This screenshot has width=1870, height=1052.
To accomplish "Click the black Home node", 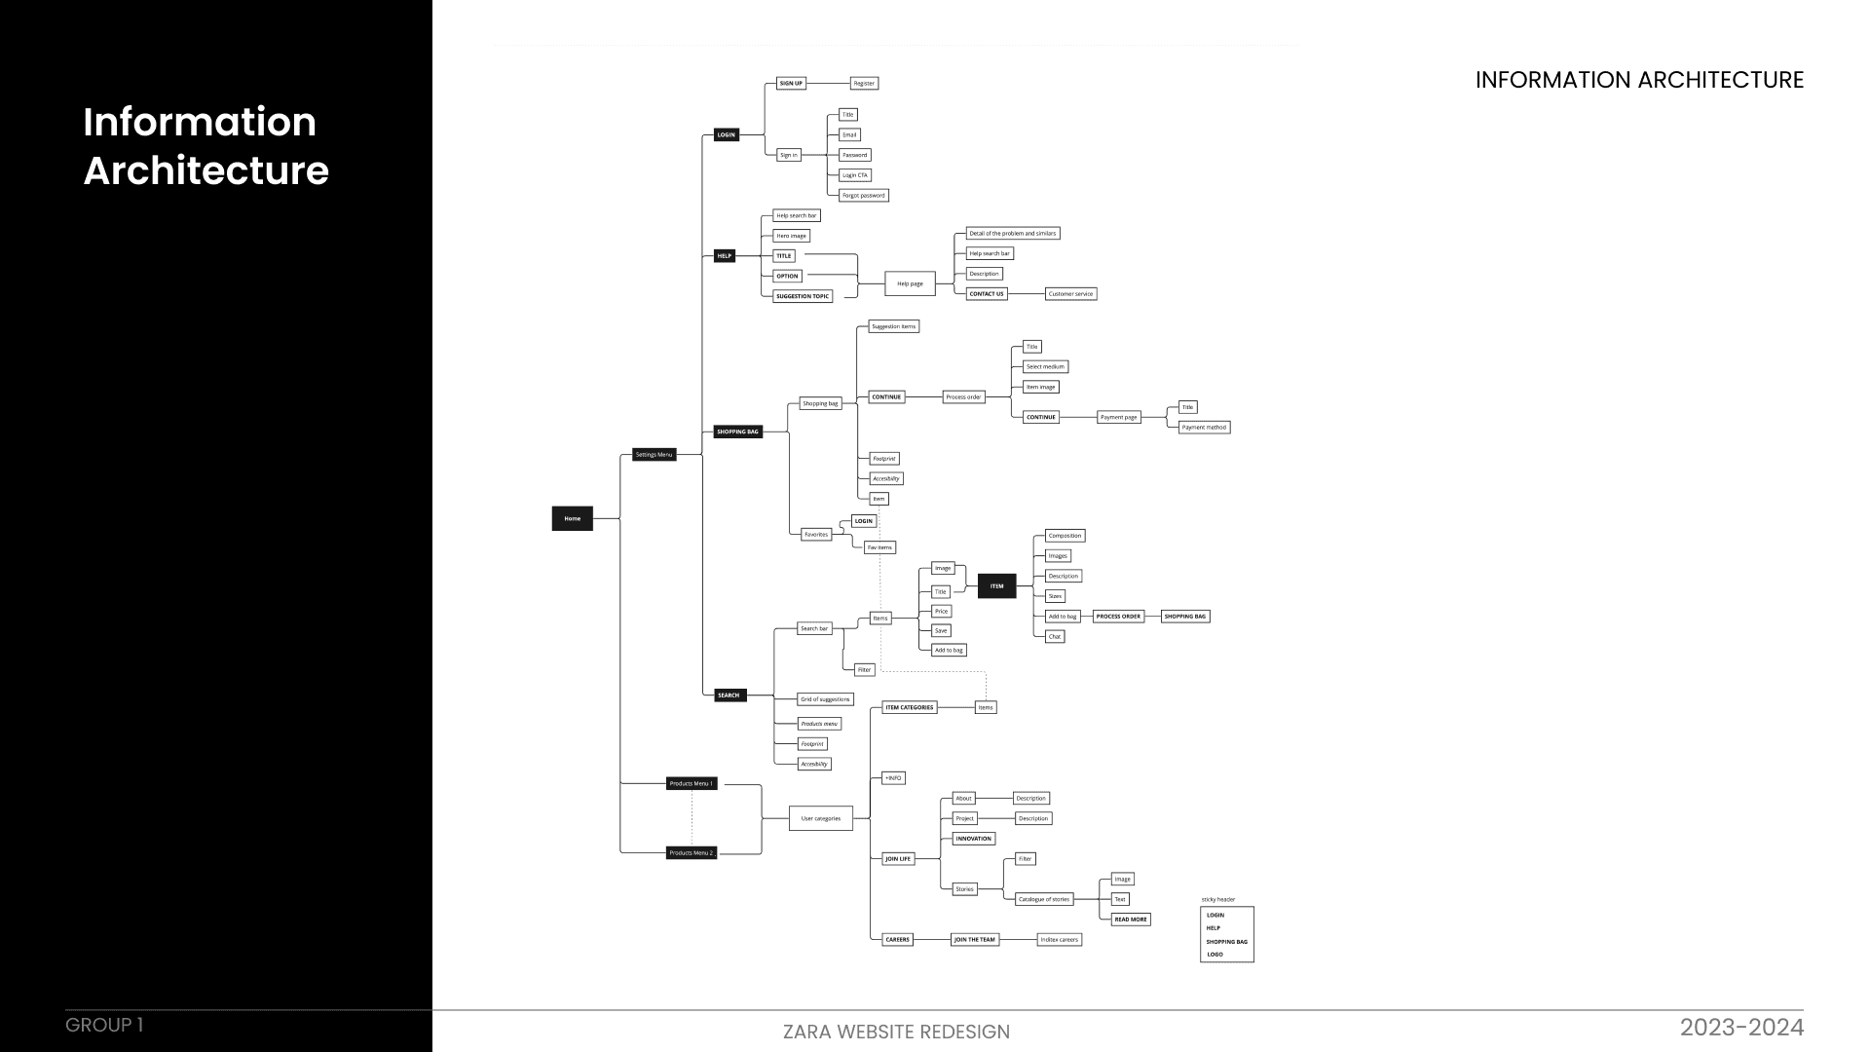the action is tap(572, 518).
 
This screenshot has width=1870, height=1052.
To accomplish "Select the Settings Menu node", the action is tap(654, 455).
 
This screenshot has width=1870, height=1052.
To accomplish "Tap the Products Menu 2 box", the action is tap(692, 853).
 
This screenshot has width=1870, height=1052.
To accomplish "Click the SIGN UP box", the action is tap(791, 84).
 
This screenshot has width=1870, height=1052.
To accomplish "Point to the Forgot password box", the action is tap(864, 196).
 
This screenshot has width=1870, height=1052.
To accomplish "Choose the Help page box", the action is tap(910, 284).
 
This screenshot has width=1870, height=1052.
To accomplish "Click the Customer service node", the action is tap(1070, 294).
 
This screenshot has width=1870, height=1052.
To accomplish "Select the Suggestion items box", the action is tap(893, 327).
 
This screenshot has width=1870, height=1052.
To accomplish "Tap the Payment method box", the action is tap(1204, 428).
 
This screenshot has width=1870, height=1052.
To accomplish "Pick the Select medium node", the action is tap(1045, 367).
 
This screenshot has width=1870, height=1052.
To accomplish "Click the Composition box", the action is tap(1065, 536).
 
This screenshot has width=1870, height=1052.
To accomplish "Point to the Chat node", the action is tap(1055, 637).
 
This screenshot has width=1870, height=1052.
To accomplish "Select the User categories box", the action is tap(820, 818).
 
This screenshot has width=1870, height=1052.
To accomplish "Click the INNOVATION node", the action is tap(973, 839).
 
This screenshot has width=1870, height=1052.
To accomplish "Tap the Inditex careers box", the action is tap(1059, 940).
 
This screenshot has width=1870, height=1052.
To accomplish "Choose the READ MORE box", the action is tap(1131, 920).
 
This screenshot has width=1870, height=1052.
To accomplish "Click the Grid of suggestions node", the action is tap(825, 699).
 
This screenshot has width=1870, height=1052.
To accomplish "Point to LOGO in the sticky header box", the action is tap(1215, 955).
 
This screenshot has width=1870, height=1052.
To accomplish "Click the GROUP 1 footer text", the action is tap(104, 1026).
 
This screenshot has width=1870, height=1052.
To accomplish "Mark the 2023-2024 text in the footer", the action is tap(1741, 1028).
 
